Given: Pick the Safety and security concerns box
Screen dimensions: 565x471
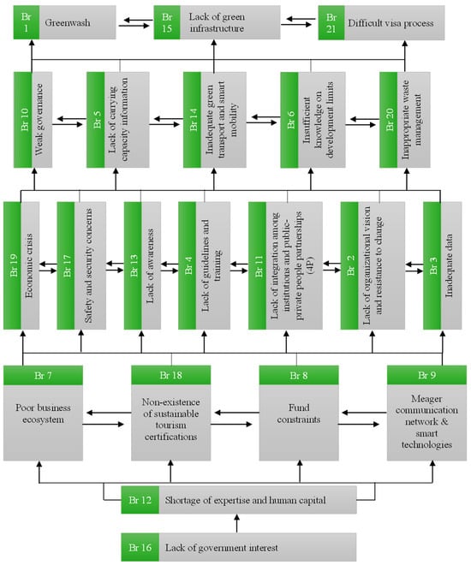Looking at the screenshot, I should coord(88,265).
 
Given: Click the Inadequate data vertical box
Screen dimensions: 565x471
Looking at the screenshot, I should coord(450,265).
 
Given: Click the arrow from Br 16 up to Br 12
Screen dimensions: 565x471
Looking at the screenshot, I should coord(237,524).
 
